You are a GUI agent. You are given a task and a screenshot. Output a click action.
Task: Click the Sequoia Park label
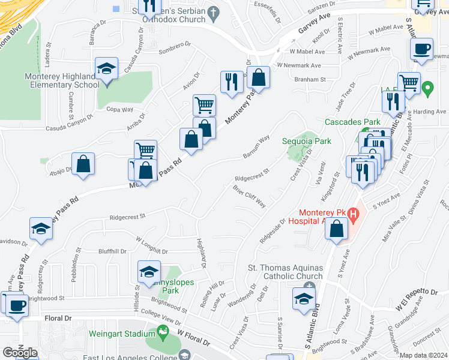pos(307,142)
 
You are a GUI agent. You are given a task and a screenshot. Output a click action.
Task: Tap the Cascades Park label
pos(352,122)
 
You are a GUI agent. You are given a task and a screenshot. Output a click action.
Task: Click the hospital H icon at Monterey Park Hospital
pos(354,214)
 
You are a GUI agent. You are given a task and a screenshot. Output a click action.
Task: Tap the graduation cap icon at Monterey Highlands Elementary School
pos(106,70)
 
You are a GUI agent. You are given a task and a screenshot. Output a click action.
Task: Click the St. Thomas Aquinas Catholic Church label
pos(286,272)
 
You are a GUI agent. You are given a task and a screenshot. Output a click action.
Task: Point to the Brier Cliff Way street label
pos(250,196)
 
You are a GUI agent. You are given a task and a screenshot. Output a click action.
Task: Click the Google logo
pos(20,352)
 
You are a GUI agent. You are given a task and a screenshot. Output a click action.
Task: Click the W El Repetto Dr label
pos(417,299)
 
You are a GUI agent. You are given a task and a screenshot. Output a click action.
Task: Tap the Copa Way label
pos(119,110)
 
